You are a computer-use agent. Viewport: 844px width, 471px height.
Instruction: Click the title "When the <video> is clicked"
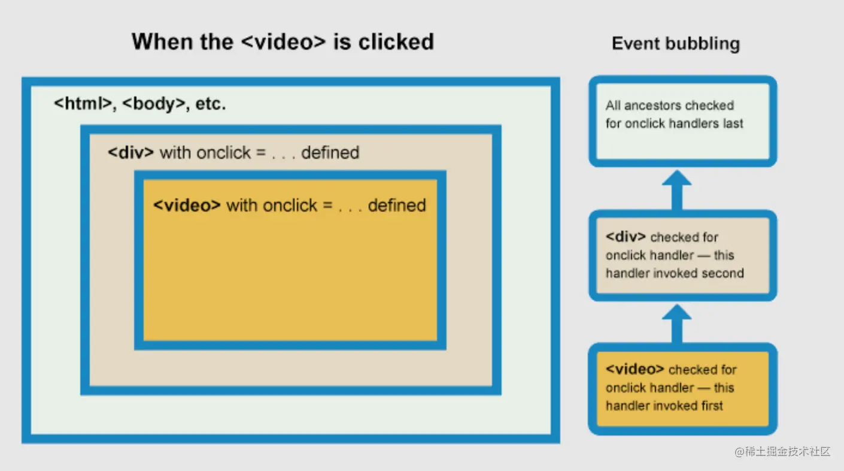283,42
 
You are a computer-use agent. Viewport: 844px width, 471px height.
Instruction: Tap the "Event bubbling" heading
676,44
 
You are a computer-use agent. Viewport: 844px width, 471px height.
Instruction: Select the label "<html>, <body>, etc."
139,104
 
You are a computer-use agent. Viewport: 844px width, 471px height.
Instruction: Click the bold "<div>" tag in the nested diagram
130,152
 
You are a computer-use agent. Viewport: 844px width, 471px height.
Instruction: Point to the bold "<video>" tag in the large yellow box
187,205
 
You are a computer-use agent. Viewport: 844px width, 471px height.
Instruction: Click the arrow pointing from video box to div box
677,322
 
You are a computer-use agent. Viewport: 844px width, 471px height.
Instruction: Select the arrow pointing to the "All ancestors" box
677,188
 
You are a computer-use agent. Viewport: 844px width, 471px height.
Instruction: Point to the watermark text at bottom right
782,452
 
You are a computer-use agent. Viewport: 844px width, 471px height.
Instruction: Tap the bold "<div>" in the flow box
626,237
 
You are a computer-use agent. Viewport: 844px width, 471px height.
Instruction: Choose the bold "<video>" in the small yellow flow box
634,369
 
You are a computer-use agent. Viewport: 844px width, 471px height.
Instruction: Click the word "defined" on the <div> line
330,152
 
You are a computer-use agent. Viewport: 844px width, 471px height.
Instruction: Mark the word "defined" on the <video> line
397,205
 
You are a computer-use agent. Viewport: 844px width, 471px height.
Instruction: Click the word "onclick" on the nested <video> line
290,205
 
